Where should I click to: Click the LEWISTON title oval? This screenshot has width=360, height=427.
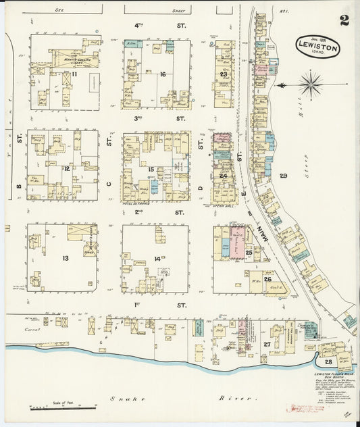point(317,47)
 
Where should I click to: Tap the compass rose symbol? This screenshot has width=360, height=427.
point(310,85)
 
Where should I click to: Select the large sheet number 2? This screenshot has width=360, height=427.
point(344,20)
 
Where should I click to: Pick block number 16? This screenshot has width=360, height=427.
point(163,74)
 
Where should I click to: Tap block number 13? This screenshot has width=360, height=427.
point(65,258)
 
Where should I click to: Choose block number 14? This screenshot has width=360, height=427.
point(157,258)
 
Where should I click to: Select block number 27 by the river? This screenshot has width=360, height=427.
point(267,344)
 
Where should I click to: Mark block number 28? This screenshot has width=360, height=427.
point(328,361)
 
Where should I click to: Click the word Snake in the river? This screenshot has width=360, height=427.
point(133,399)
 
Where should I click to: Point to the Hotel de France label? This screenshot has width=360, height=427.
point(140,203)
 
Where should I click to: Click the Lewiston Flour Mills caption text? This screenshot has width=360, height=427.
point(332,374)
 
